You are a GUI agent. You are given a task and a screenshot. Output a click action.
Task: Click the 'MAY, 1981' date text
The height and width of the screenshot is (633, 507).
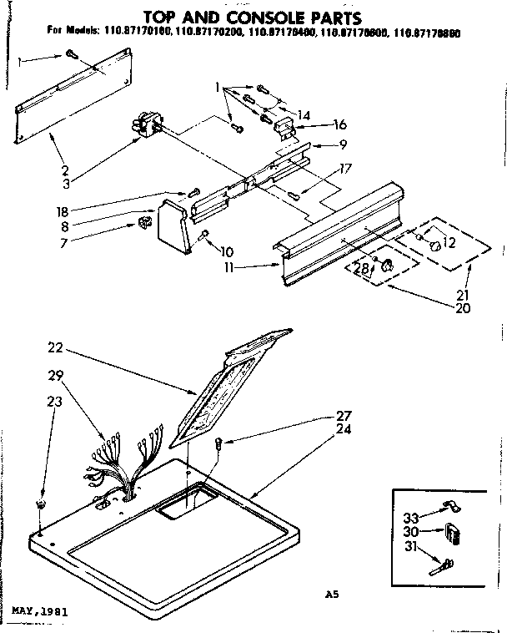click(x=38, y=610)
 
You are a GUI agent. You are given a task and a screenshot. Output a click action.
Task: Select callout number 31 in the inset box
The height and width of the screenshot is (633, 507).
click(x=409, y=547)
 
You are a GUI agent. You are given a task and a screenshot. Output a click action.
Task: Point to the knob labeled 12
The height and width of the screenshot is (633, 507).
click(x=434, y=245)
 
